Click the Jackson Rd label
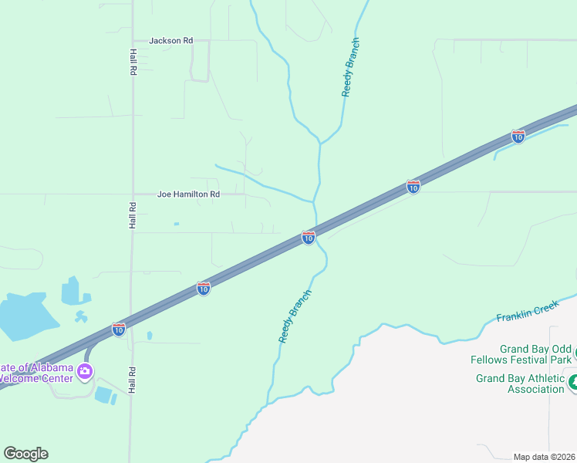(170, 40)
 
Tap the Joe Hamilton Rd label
(188, 194)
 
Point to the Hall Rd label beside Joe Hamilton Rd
(133, 215)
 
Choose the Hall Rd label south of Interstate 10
(132, 380)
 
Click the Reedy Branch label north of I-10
(350, 67)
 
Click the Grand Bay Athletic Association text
(520, 384)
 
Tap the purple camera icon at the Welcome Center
(85, 373)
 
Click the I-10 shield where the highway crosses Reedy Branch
(308, 238)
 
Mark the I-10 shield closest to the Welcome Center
(118, 330)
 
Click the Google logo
(25, 454)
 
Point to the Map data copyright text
(544, 457)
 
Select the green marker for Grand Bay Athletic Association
(573, 382)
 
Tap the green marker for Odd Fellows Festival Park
(575, 354)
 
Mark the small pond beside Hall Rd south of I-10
(149, 336)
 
